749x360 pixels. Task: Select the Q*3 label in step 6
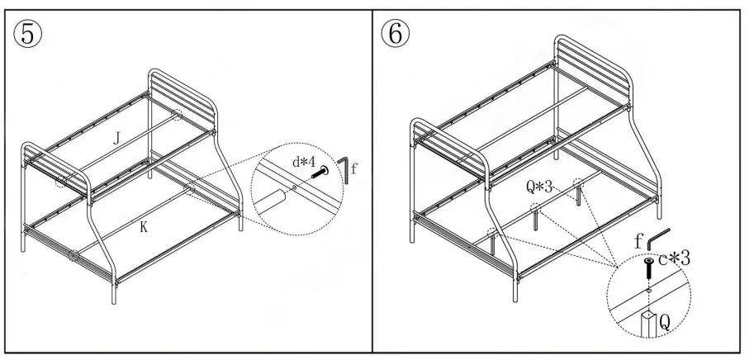[541, 186]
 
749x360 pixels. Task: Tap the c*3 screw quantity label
[672, 258]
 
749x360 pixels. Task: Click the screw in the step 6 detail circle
[649, 269]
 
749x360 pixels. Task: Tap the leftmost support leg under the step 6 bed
[494, 244]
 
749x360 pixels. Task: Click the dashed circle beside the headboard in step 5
[178, 115]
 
